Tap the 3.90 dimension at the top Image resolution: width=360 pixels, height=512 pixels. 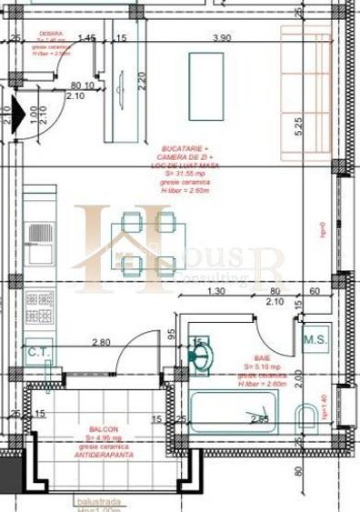(220, 38)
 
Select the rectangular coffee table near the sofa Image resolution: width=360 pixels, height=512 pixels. (200, 81)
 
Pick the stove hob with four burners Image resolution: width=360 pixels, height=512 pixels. (39, 308)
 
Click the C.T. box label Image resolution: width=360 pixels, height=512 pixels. (37, 352)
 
